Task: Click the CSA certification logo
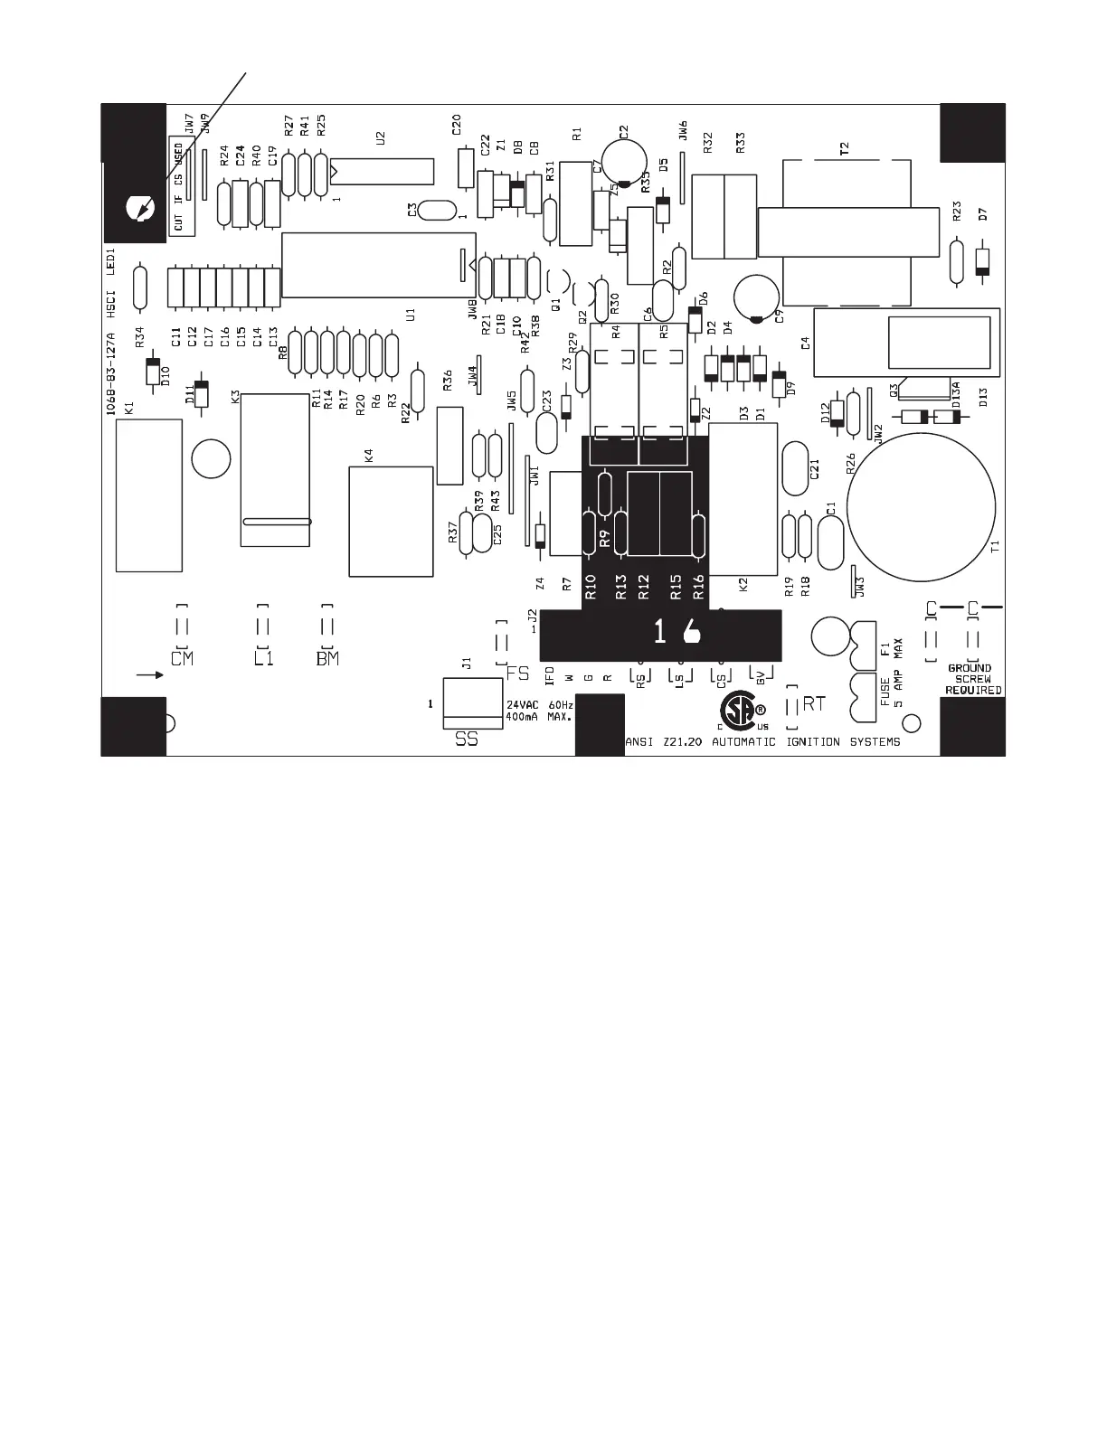737,712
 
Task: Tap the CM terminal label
182,658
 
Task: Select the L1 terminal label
263,658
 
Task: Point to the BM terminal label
327,658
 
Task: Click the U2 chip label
381,138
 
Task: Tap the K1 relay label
128,409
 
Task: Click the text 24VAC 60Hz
540,704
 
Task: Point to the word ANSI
639,742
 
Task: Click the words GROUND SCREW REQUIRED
973,679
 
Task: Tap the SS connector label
467,740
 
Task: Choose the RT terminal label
814,703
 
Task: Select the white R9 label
606,537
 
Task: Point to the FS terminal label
518,674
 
